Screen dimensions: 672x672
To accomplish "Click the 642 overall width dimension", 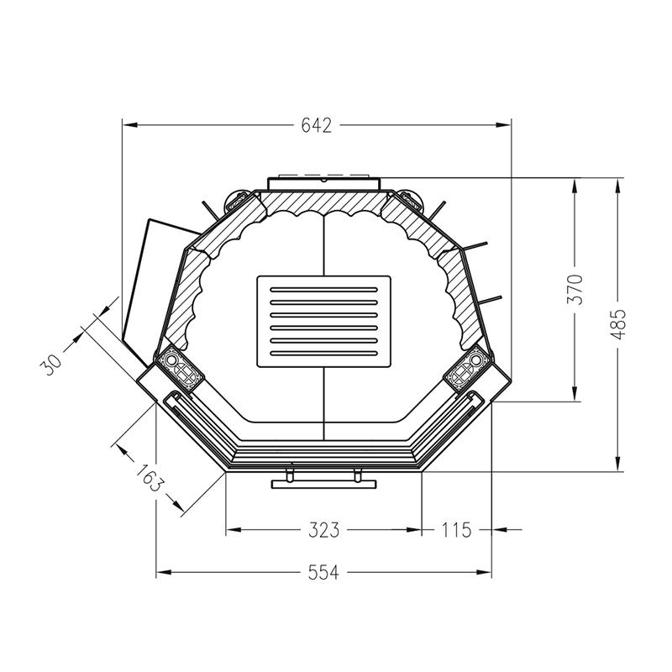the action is pos(317,125).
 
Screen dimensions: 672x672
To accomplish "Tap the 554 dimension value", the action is pos(323,572).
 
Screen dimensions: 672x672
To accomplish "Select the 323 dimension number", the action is pos(324,530).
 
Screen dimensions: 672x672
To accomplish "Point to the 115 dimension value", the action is pos(456,530).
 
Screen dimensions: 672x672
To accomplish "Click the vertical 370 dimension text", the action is pos(575,289).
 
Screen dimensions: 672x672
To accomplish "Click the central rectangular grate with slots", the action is pos(323,322).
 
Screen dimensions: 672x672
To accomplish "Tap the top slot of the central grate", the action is pos(323,289).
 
